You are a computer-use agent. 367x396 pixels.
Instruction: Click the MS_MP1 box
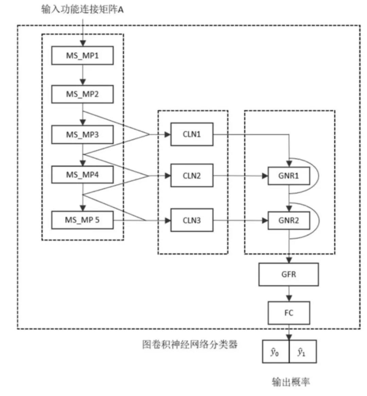click(82, 56)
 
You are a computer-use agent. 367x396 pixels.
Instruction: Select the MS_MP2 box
click(82, 94)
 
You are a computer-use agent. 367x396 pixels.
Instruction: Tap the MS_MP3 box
click(82, 134)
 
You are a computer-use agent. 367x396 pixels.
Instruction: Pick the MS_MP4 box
click(82, 175)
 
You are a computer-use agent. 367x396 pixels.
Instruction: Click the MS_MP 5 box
click(82, 220)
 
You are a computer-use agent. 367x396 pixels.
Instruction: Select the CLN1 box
click(192, 134)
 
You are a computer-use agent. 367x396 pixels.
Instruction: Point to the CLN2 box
click(192, 176)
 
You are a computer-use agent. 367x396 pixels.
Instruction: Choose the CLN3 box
click(192, 220)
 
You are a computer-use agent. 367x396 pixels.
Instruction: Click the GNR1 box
click(289, 176)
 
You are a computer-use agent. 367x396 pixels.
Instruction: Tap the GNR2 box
click(289, 220)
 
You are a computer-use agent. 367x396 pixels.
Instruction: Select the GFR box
click(289, 274)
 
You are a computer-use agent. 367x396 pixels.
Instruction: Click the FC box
click(289, 313)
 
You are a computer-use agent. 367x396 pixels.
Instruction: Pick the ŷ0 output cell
click(275, 352)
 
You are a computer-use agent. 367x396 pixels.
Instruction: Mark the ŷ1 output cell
click(302, 352)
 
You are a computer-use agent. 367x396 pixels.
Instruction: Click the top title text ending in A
click(82, 10)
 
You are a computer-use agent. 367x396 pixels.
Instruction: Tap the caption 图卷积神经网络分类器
click(190, 344)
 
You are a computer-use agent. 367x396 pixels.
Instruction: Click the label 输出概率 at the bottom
click(291, 382)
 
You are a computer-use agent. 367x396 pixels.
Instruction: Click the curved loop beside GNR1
click(317, 176)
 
